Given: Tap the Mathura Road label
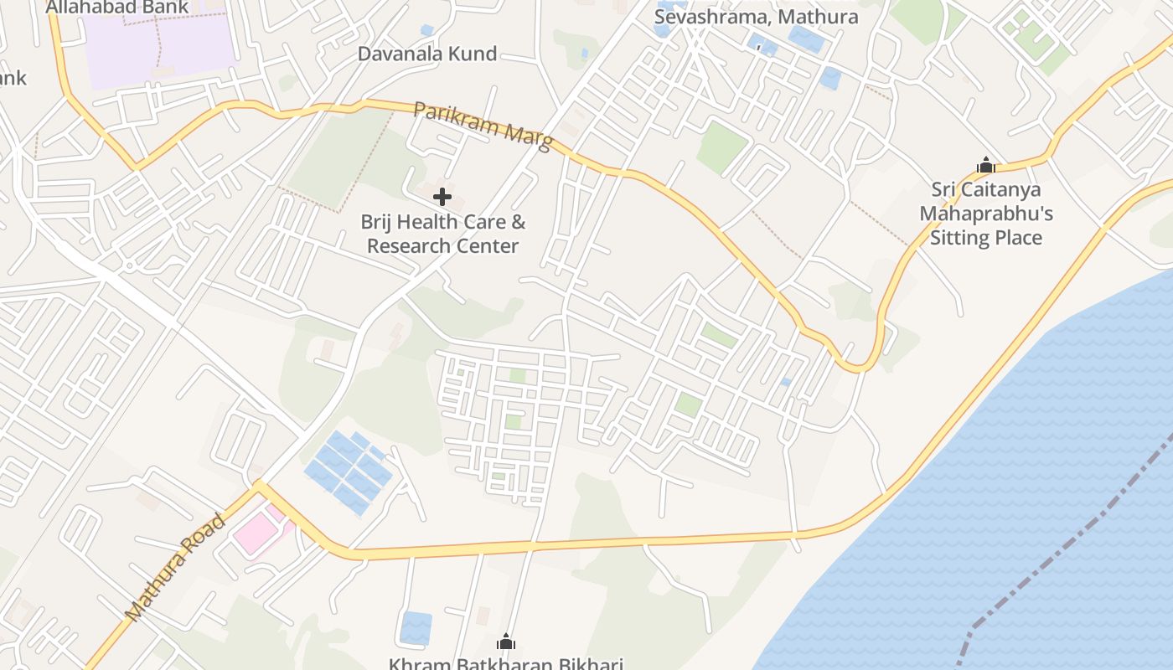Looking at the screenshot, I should (175, 568).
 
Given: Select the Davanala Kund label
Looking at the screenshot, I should (427, 54).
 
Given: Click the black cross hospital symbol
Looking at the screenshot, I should (442, 198).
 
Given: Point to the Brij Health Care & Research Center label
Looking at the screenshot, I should (443, 234).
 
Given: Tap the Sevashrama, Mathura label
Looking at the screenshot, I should (756, 17).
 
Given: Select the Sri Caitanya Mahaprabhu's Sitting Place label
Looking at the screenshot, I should (986, 214).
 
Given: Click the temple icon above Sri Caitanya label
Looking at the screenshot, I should (986, 165).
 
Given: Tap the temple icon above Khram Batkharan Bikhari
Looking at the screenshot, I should (506, 642).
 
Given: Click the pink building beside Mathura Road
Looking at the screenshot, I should (255, 533).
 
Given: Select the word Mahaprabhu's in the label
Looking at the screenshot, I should (986, 214).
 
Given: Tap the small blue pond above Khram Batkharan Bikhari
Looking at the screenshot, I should (416, 628).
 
